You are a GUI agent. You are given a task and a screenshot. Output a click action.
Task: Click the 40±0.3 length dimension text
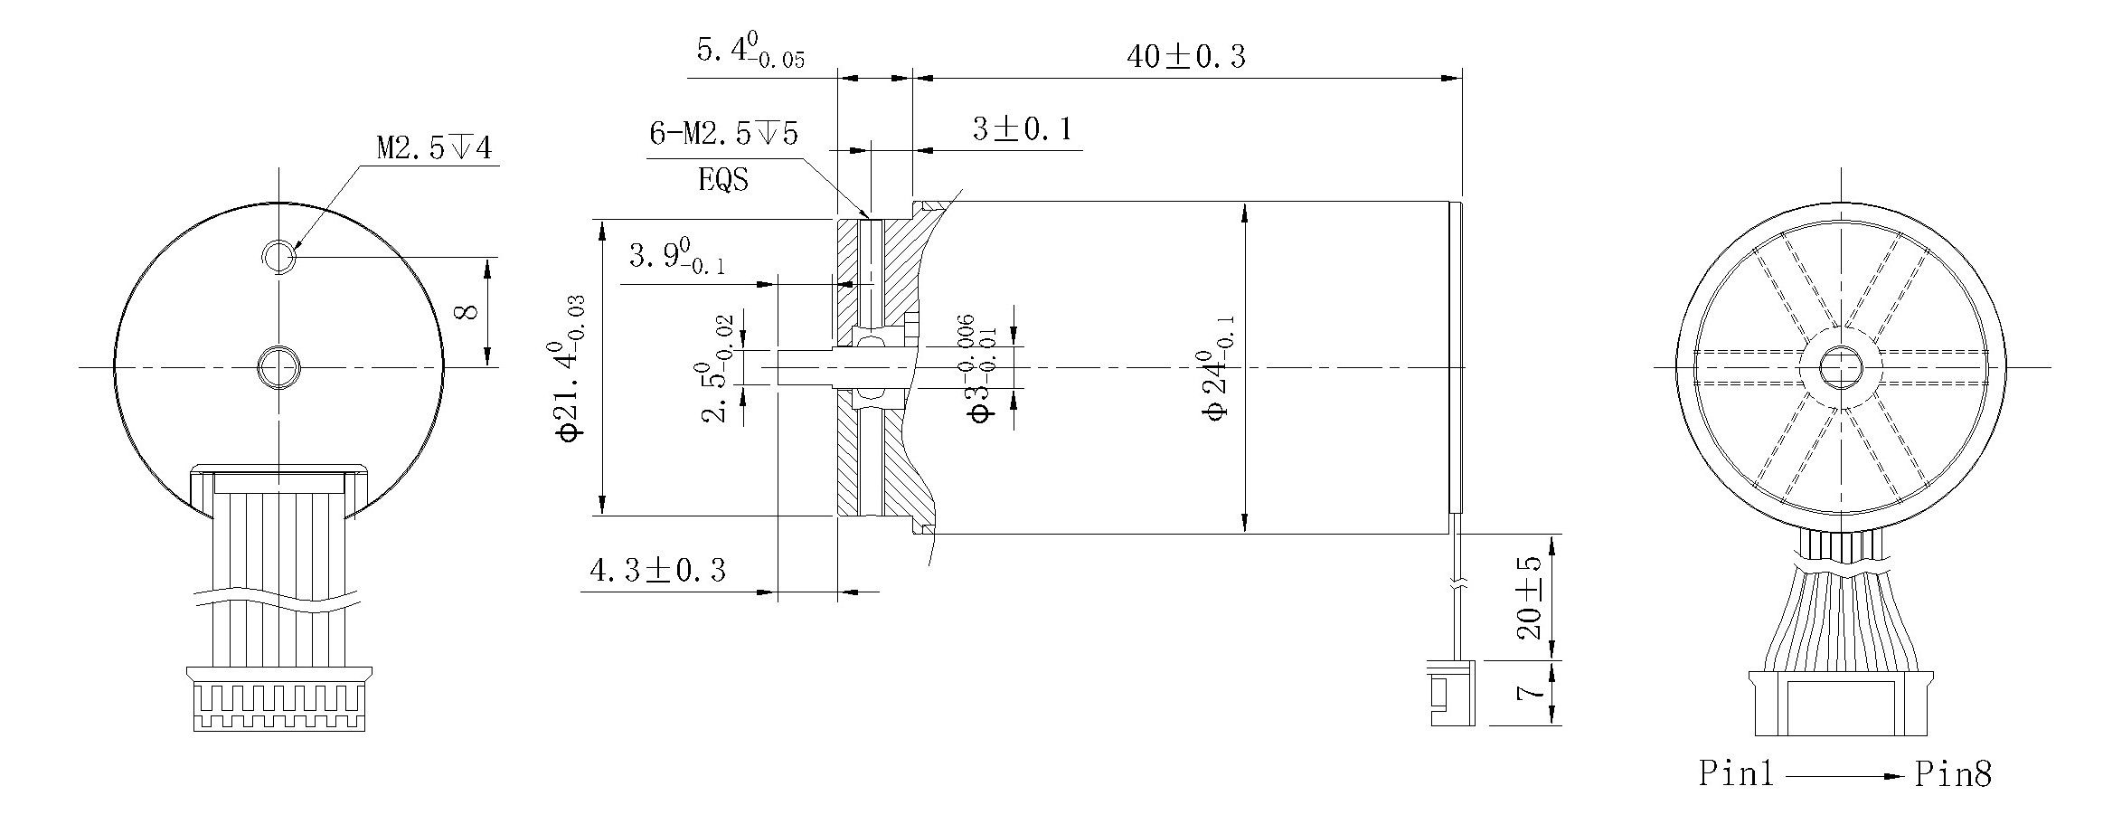[1184, 57]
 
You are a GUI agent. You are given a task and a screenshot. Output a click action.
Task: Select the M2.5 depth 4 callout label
[434, 147]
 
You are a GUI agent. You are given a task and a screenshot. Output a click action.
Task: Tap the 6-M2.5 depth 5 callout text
[723, 134]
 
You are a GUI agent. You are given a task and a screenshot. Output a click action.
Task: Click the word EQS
[723, 180]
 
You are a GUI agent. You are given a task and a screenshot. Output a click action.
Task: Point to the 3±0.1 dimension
[1022, 130]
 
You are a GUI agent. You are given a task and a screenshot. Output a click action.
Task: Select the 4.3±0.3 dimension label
[657, 571]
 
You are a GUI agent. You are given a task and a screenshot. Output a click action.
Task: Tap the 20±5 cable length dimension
[1530, 598]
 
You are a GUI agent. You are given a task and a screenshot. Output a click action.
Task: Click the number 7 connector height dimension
[1530, 693]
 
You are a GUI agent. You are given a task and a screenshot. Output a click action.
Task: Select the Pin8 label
[1953, 774]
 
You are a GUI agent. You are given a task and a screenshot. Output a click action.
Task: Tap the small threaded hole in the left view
[279, 257]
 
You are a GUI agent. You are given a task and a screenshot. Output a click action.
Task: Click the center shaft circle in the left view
[279, 367]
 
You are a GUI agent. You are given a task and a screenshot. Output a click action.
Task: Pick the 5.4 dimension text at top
[749, 52]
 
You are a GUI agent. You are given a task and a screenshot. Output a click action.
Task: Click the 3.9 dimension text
[675, 258]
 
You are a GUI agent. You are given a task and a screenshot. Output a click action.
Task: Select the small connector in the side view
[1451, 693]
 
